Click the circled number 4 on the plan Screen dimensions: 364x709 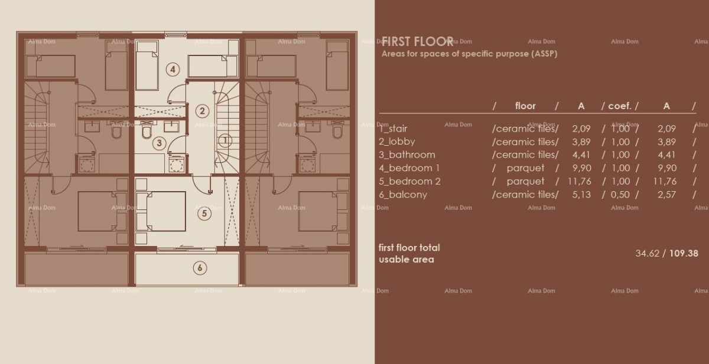(172, 69)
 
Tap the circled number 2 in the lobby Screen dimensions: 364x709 (202, 110)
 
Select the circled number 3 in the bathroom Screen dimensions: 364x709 (158, 142)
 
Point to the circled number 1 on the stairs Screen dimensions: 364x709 (225, 140)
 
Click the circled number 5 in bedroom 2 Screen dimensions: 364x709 (204, 214)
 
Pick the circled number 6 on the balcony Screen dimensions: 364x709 (200, 268)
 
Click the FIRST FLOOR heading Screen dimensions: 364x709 (417, 41)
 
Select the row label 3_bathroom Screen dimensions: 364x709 (406, 155)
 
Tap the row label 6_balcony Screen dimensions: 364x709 (402, 194)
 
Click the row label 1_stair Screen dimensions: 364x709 (393, 128)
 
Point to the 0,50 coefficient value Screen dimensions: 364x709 (620, 194)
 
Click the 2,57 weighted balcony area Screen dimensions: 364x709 (666, 194)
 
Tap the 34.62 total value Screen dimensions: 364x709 (647, 253)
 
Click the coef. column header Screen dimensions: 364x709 (620, 106)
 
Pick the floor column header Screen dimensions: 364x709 (525, 106)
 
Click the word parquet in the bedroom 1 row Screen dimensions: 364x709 (525, 168)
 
